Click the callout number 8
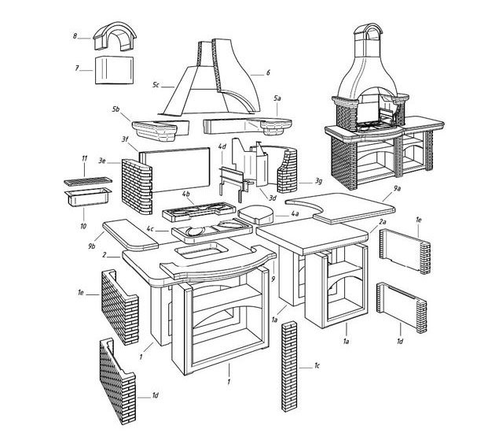[75, 36]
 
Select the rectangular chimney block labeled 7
[114, 70]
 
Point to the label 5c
[156, 85]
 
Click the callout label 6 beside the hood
[268, 72]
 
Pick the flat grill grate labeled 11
[88, 181]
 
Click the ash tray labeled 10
[88, 197]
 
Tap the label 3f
[125, 139]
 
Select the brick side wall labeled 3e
[137, 186]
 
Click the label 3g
[318, 182]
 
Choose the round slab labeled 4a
[256, 215]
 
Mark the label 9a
[397, 189]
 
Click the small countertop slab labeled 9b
[130, 235]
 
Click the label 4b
[186, 194]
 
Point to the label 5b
[116, 109]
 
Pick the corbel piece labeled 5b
[160, 130]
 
